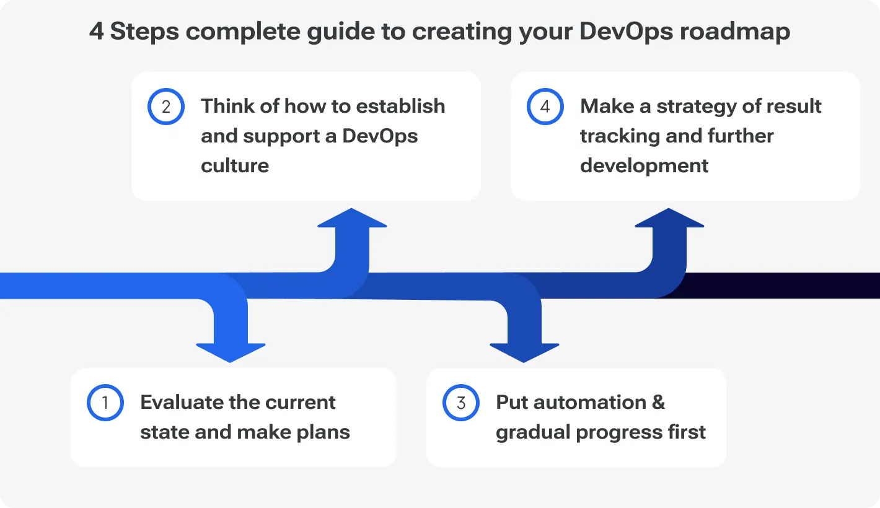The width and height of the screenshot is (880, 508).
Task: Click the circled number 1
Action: [105, 403]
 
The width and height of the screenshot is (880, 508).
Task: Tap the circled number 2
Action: [166, 107]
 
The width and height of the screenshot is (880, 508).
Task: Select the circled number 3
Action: [461, 403]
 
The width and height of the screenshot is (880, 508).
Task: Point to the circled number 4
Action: [545, 107]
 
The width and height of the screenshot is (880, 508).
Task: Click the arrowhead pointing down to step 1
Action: [231, 351]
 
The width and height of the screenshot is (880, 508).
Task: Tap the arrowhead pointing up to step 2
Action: [352, 219]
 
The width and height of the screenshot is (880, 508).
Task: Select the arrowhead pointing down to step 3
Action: [524, 351]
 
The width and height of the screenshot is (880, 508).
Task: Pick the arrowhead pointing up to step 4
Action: [669, 219]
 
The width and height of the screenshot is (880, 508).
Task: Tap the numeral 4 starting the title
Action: [96, 31]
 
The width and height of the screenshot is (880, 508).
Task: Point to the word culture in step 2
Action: [235, 165]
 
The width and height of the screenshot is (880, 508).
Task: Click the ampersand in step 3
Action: [658, 402]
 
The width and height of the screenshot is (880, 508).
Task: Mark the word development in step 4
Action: [645, 165]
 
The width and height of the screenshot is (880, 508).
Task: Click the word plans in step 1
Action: [321, 432]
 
